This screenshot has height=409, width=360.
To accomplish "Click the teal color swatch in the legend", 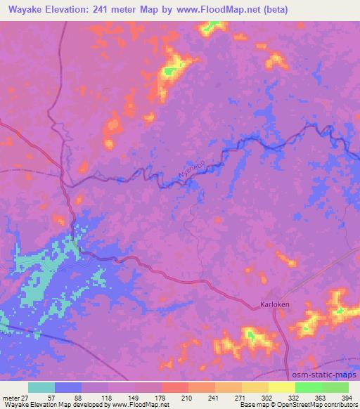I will pyautogui.click(x=41, y=387).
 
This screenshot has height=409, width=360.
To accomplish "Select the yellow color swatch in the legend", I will pyautogui.click(x=281, y=387).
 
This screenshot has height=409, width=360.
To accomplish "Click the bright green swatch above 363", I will pyautogui.click(x=308, y=387).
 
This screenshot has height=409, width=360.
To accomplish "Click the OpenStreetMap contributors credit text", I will pyautogui.click(x=320, y=405).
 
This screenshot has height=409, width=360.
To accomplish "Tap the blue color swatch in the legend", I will pyautogui.click(x=68, y=387).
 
